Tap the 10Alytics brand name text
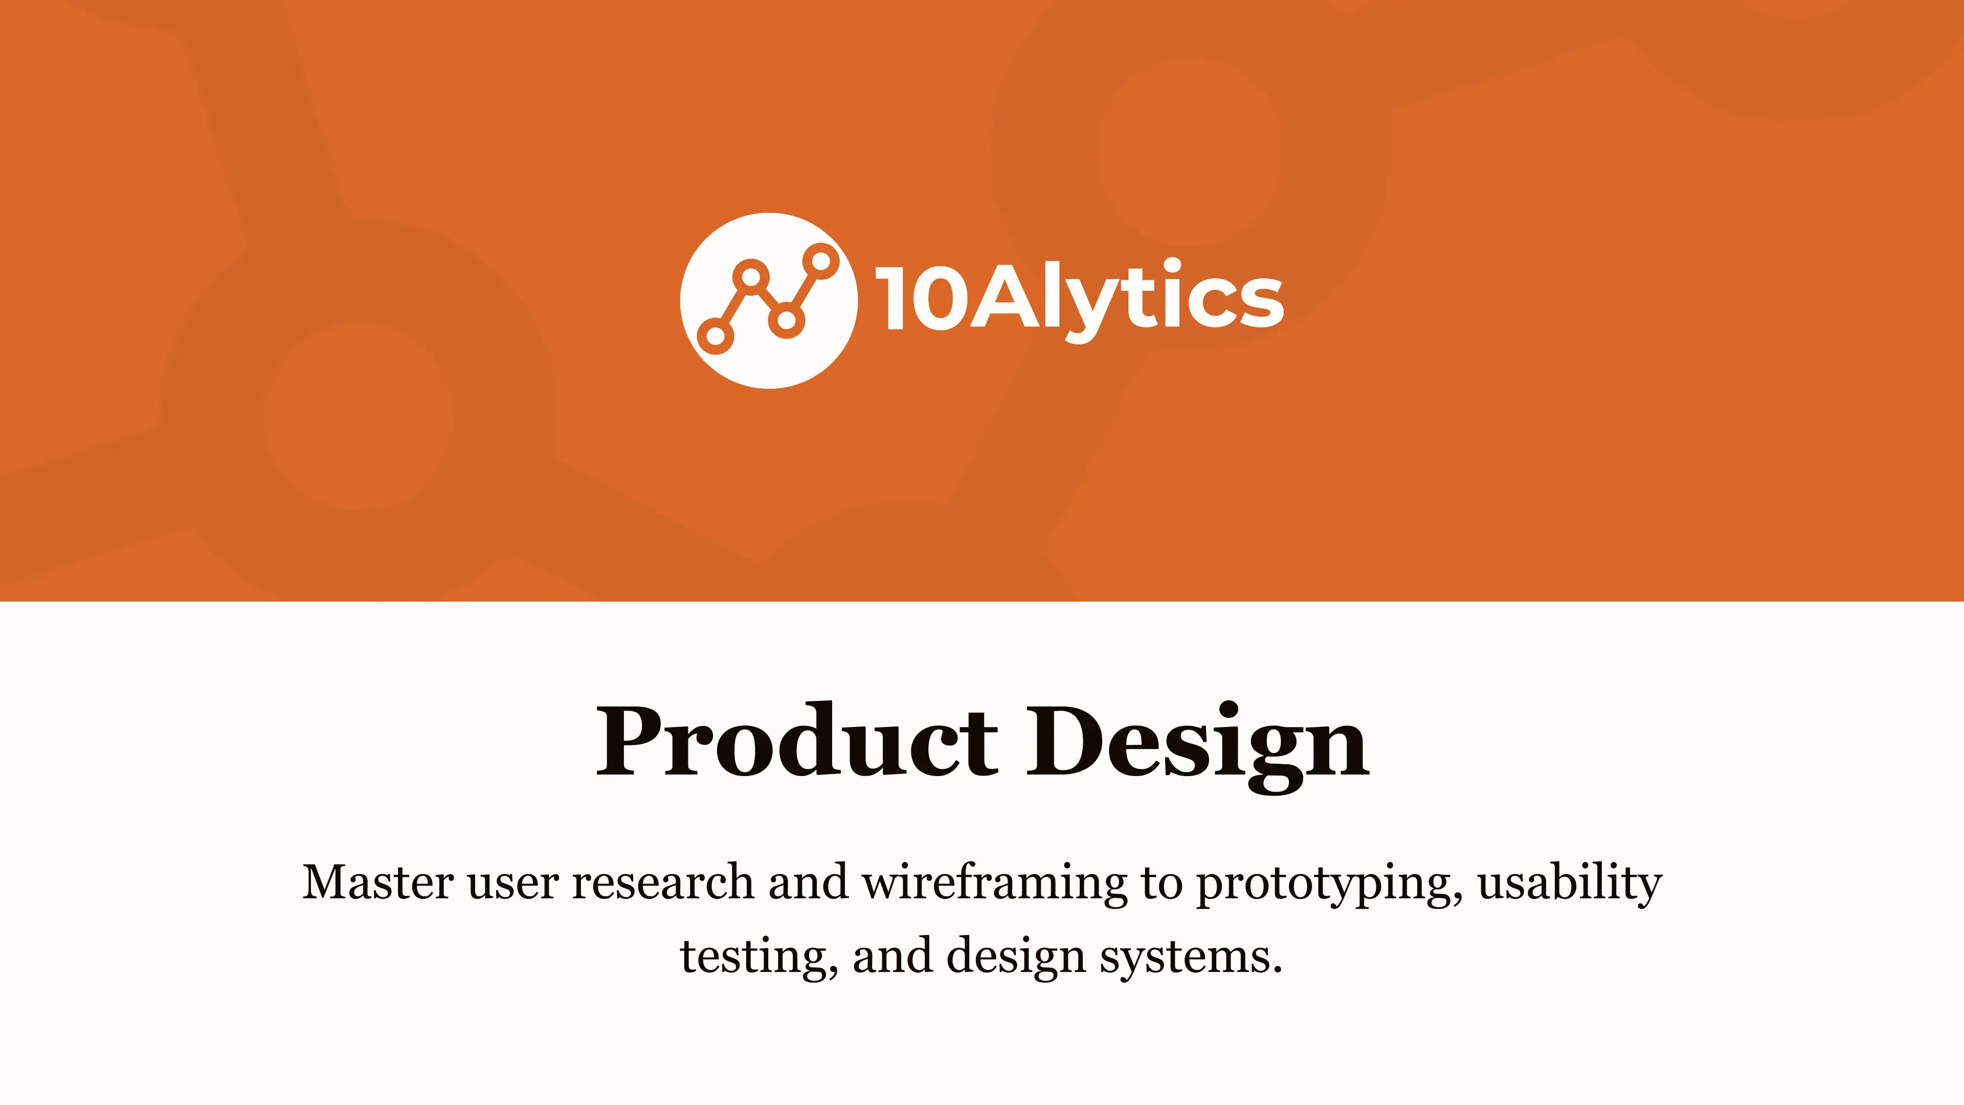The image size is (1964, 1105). [1079, 297]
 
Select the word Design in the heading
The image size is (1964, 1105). [1198, 741]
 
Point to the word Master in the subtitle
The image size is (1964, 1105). [378, 882]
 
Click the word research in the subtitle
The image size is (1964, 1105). [662, 882]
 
